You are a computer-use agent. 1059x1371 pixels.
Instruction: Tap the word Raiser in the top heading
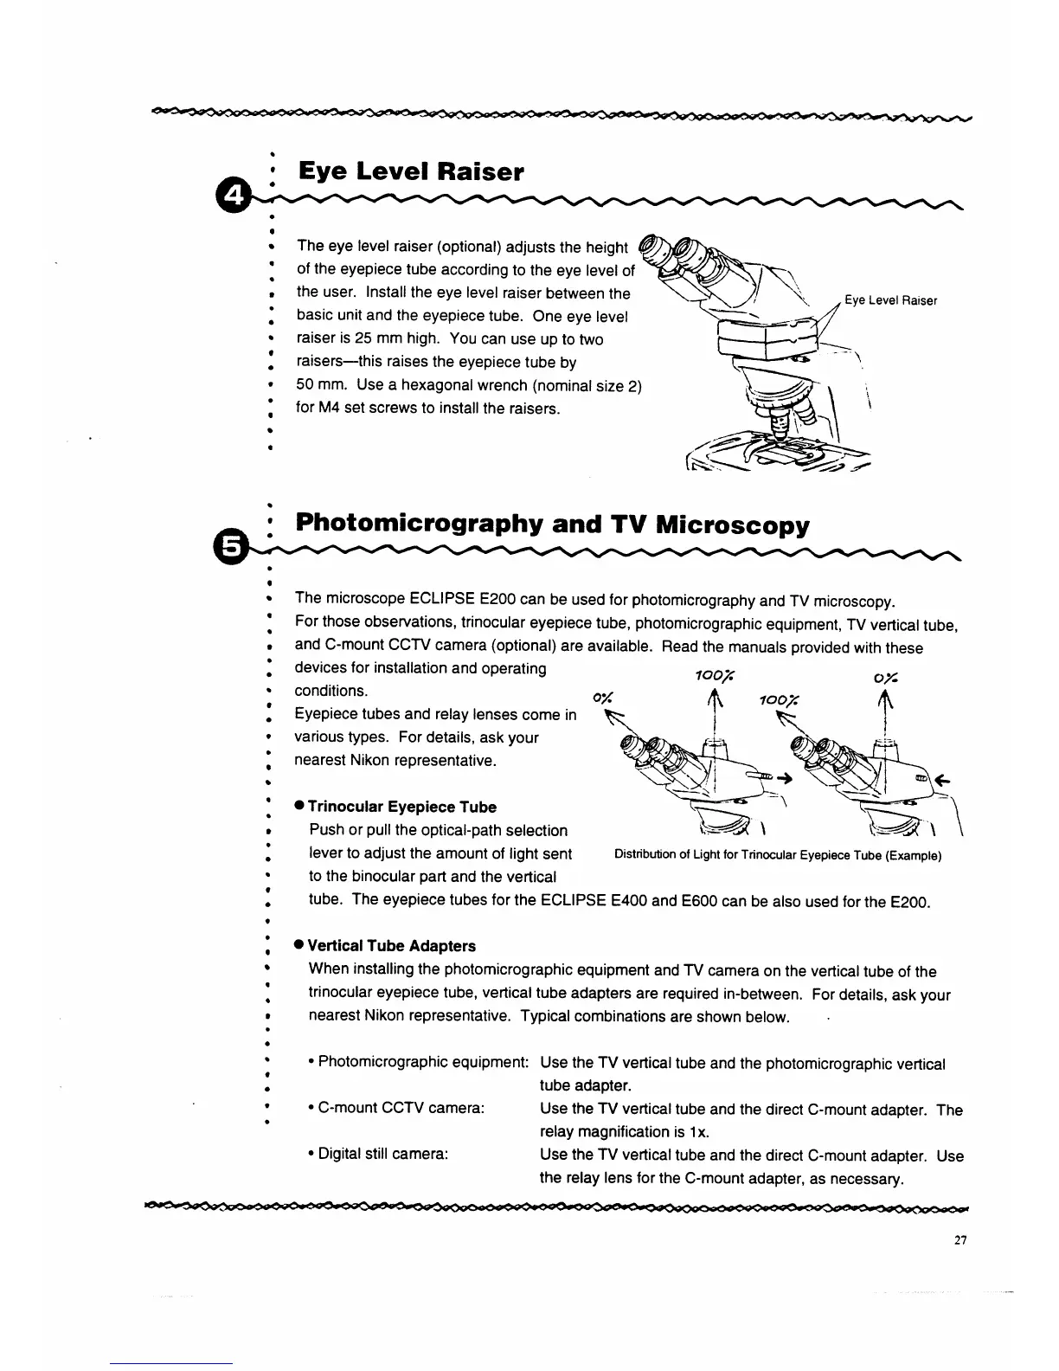[x=480, y=171]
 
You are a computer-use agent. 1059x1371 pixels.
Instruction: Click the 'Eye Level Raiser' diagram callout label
[x=890, y=300]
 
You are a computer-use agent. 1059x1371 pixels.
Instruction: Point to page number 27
[x=960, y=1240]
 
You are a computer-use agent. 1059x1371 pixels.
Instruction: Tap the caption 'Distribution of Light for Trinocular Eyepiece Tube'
[x=777, y=856]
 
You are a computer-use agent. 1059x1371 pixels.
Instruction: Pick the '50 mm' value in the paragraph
[x=322, y=385]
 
